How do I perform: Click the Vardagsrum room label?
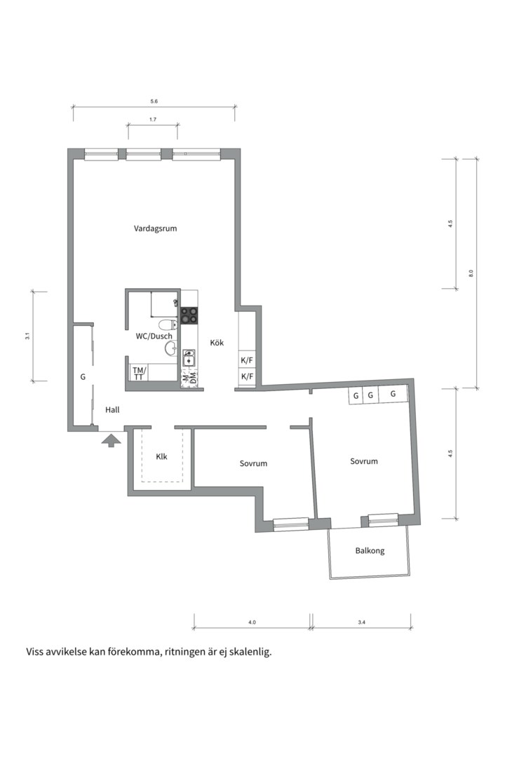(x=155, y=229)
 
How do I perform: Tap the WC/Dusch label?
(x=154, y=336)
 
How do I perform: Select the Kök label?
(x=217, y=343)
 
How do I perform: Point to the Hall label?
(x=112, y=409)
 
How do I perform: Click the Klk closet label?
(x=161, y=456)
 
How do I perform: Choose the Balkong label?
(x=370, y=550)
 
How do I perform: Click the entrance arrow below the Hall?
(x=112, y=439)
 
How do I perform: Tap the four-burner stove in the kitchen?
(x=189, y=315)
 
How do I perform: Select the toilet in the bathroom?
(x=167, y=325)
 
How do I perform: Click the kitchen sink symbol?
(x=189, y=359)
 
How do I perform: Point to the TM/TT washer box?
(x=139, y=373)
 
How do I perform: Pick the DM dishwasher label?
(x=193, y=378)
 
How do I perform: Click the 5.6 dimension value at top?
(x=154, y=102)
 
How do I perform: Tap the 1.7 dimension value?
(x=153, y=118)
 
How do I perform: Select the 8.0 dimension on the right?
(x=471, y=273)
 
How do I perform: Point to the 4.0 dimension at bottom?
(x=252, y=622)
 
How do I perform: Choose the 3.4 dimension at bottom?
(x=361, y=622)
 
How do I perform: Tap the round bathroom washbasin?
(x=170, y=348)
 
